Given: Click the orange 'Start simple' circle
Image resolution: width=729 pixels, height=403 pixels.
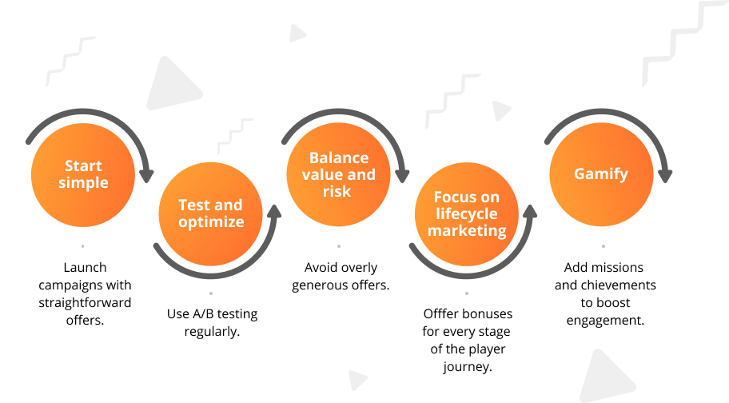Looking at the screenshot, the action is [x=83, y=175].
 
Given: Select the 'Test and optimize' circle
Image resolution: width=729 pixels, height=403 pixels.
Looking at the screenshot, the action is [x=210, y=213].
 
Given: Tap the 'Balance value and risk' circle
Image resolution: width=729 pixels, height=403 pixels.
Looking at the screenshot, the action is [x=338, y=174].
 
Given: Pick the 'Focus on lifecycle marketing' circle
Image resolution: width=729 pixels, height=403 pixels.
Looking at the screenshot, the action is [x=467, y=214].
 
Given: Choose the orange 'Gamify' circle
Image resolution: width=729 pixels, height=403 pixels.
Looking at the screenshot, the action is [x=602, y=174].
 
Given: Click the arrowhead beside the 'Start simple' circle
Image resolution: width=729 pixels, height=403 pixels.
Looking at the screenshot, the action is [x=146, y=176].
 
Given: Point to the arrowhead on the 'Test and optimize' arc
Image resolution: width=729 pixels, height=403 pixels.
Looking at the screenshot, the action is [x=275, y=211].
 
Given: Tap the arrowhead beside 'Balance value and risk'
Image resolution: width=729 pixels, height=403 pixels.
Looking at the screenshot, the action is [x=402, y=176].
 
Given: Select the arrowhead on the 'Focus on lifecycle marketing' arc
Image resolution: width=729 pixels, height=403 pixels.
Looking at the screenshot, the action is [x=530, y=211].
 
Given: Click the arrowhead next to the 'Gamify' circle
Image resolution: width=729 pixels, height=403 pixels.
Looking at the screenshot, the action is [x=665, y=176].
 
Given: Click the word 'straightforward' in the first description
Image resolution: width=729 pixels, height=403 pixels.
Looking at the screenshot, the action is [x=85, y=303].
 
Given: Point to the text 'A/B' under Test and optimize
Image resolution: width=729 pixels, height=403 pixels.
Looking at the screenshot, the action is [x=203, y=313].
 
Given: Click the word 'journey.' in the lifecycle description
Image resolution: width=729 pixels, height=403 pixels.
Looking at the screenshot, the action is [x=468, y=367].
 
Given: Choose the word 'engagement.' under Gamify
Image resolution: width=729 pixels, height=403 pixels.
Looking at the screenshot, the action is [x=605, y=321].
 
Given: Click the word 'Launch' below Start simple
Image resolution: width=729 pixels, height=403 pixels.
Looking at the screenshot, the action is [x=85, y=267].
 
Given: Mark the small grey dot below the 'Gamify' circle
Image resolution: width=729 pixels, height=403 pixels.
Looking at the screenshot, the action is [x=604, y=246].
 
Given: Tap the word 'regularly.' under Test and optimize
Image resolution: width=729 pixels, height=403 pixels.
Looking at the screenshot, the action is [x=212, y=332].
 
